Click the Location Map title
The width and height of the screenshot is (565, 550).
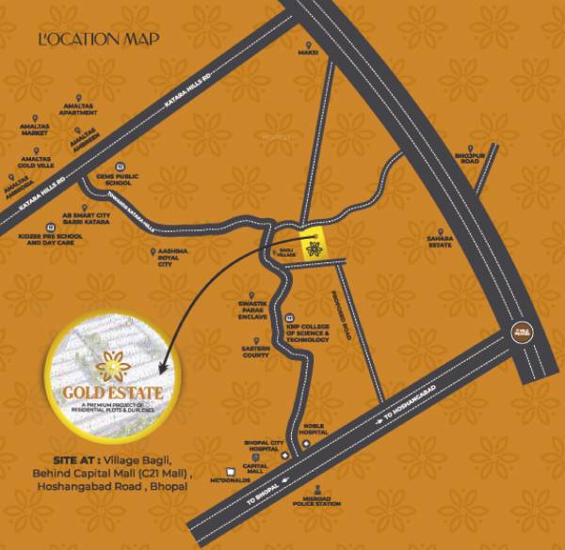98,39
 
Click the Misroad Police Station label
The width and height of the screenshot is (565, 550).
323,502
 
